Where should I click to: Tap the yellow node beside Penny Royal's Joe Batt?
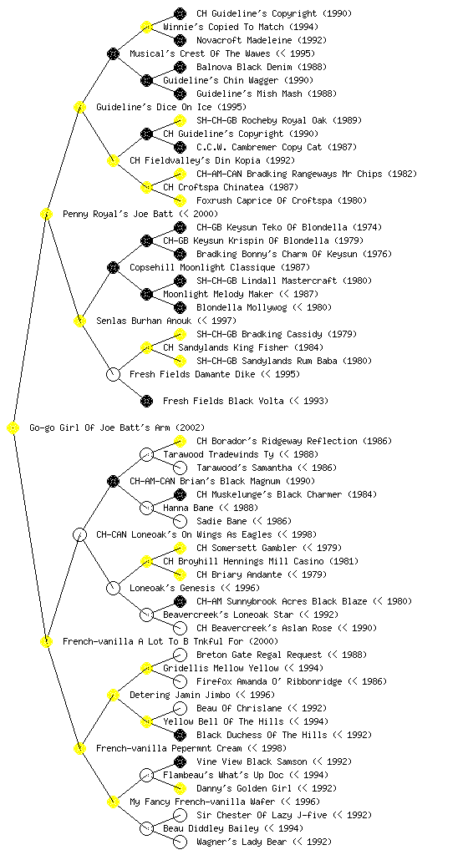click(x=46, y=214)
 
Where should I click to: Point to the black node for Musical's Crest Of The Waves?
click(x=113, y=53)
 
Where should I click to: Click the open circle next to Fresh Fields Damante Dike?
click(x=113, y=374)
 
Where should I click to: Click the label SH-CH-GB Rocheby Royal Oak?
click(x=262, y=120)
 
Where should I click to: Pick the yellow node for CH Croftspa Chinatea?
click(x=146, y=187)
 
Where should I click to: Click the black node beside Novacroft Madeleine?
click(x=180, y=40)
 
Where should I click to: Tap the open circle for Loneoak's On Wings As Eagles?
click(x=79, y=534)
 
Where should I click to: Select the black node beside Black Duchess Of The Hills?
click(x=180, y=735)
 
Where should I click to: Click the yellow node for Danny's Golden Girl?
click(x=180, y=788)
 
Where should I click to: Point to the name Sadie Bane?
click(x=221, y=521)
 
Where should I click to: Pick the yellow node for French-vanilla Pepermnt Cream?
click(x=79, y=748)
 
